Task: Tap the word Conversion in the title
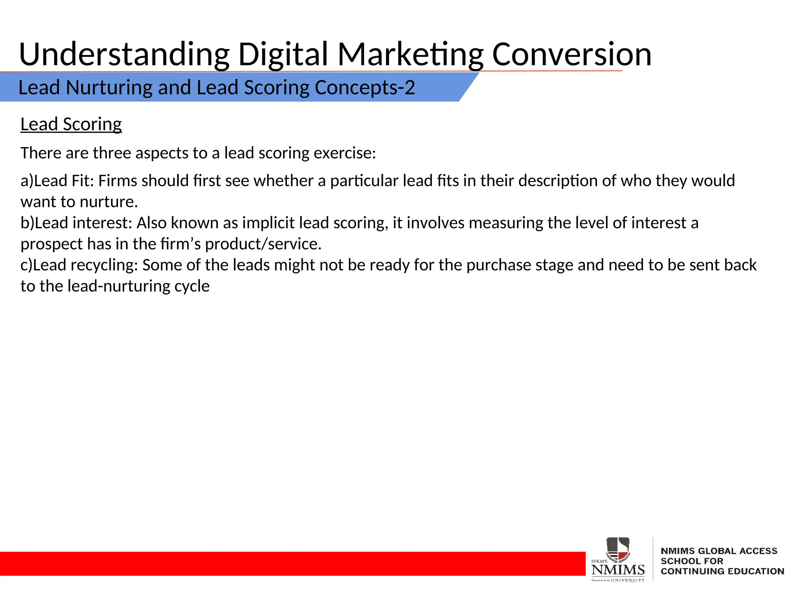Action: pyautogui.click(x=572, y=55)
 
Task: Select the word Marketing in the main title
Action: pyautogui.click(x=410, y=55)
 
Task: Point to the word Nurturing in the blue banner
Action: pyautogui.click(x=109, y=88)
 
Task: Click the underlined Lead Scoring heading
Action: pyautogui.click(x=71, y=125)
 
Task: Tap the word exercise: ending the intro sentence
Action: pyautogui.click(x=345, y=153)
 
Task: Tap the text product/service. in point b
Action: pyautogui.click(x=263, y=244)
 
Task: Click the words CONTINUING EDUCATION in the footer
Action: pyautogui.click(x=722, y=571)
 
